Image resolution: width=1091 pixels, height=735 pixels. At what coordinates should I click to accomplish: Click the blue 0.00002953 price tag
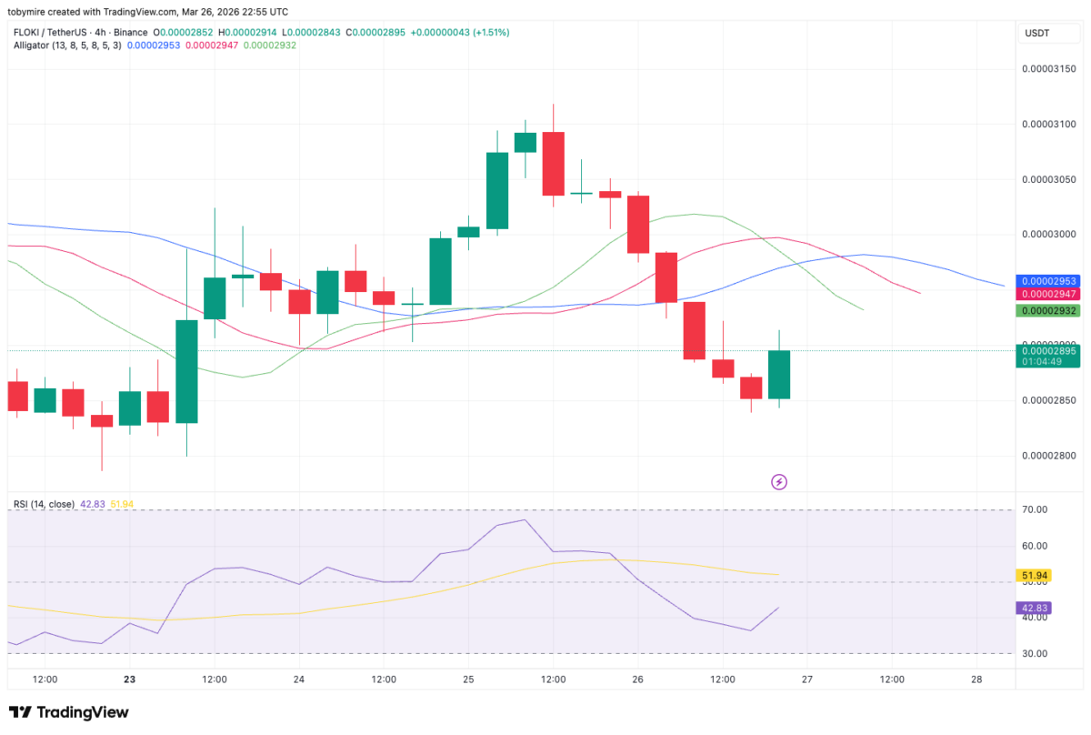(x=1048, y=281)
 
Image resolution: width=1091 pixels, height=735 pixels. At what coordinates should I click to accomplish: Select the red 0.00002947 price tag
(x=1048, y=294)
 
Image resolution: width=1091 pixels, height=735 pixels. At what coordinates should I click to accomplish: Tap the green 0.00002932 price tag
(x=1048, y=311)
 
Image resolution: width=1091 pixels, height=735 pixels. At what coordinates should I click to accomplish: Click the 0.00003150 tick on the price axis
(x=1048, y=69)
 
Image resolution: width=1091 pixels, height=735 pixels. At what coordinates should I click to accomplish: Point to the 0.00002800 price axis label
(x=1048, y=456)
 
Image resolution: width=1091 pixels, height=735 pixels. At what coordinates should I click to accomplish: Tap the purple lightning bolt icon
(x=779, y=481)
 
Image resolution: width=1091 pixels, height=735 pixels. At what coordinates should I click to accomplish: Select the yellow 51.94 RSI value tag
(x=1034, y=576)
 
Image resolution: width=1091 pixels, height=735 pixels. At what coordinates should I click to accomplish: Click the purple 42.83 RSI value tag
(x=1034, y=608)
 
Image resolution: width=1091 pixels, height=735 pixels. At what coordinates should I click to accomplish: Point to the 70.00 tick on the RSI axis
(x=1036, y=509)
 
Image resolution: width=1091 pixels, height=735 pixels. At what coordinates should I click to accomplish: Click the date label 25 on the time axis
(x=468, y=680)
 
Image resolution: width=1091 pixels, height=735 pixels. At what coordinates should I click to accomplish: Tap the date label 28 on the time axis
(x=976, y=680)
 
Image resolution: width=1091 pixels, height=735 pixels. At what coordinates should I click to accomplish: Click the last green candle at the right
(x=778, y=374)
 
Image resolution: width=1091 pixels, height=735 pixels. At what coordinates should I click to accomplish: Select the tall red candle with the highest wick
(x=553, y=164)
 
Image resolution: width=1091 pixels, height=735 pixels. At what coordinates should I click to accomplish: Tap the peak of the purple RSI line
(x=525, y=519)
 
